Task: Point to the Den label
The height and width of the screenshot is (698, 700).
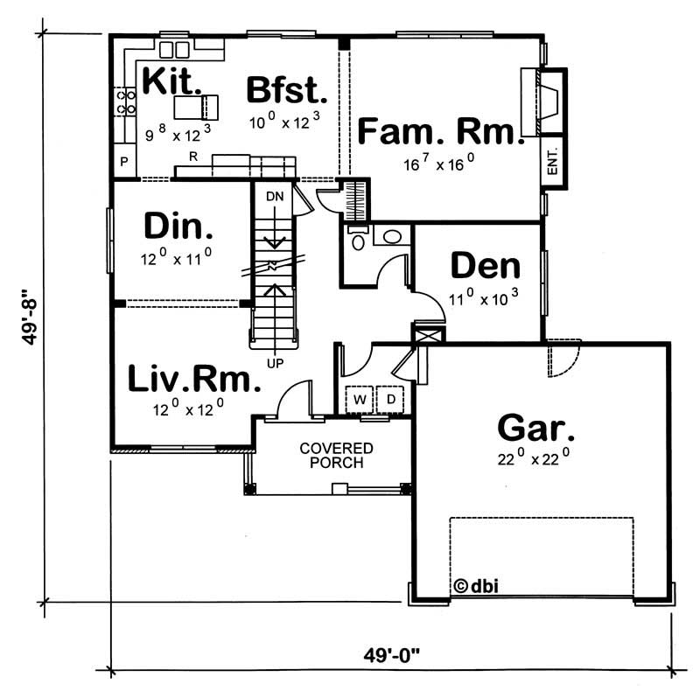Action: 486,266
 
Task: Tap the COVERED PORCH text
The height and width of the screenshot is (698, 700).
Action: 337,455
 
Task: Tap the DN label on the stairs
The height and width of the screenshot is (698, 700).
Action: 275,197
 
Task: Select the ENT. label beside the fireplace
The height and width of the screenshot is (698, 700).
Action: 553,163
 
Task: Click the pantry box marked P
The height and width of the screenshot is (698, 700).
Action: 124,162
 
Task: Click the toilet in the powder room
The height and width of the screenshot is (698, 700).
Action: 356,239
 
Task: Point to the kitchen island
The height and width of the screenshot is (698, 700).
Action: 193,108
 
